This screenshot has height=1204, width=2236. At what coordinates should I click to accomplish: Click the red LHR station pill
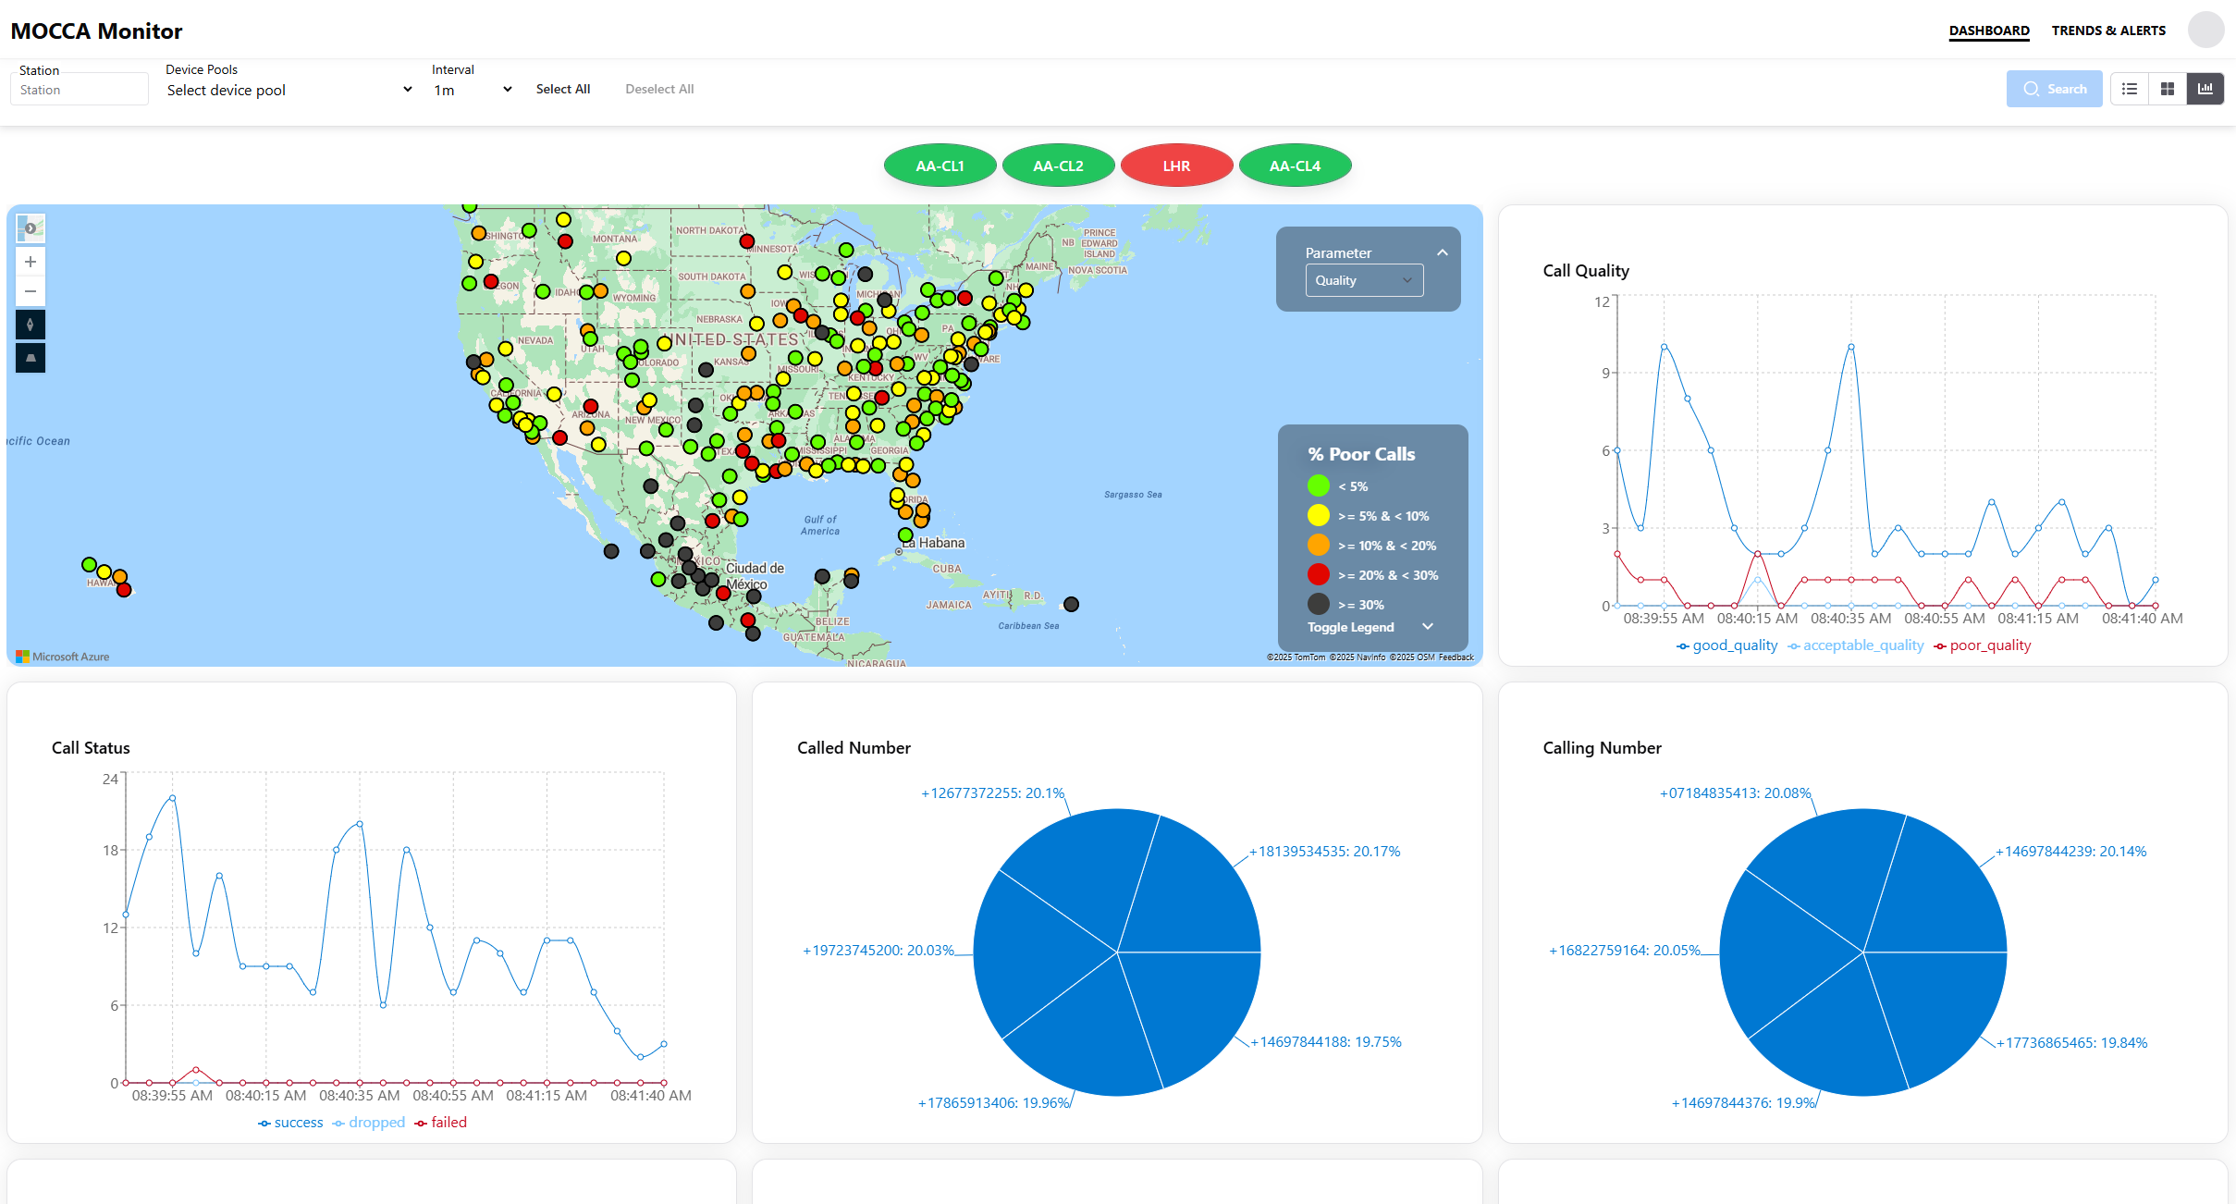1176,166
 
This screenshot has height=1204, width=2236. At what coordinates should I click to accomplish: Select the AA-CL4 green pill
1295,166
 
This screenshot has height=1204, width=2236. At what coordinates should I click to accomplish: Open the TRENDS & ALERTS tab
2108,31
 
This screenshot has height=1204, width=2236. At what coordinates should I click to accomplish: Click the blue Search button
2054,89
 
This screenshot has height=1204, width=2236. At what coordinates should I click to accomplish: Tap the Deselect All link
659,89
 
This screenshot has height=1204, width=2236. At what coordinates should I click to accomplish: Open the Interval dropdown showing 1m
472,90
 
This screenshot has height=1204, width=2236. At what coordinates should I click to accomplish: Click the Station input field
79,90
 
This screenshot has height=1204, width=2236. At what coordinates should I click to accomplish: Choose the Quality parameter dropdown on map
1364,280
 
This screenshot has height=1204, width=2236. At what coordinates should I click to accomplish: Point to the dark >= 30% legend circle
1319,604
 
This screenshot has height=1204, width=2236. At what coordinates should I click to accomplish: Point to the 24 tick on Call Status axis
110,779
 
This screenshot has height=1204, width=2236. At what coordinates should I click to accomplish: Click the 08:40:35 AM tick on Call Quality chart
1850,618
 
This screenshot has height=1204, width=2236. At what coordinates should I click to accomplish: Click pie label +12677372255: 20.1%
992,793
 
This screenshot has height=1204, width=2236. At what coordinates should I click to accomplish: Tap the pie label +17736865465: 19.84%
2071,1043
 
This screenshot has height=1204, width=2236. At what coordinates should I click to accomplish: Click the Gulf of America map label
820,525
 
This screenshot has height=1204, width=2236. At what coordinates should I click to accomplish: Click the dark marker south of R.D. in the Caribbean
1071,604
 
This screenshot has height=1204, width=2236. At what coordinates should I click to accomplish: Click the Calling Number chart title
1602,748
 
